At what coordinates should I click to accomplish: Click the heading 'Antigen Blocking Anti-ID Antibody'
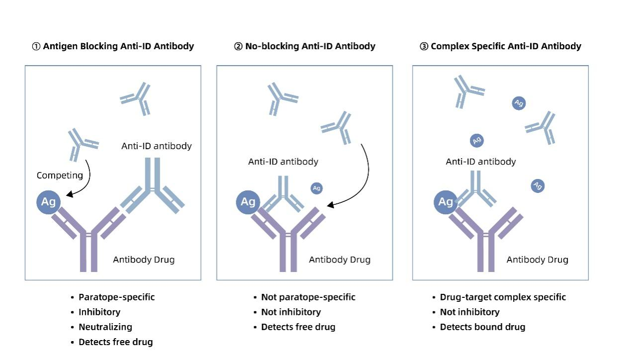pyautogui.click(x=118, y=46)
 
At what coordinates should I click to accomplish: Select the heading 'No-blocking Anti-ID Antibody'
pyautogui.click(x=310, y=46)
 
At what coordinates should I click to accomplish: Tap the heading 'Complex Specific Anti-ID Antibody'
pyautogui.click(x=506, y=46)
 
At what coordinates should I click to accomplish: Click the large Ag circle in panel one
pyautogui.click(x=48, y=202)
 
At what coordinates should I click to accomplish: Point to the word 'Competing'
pyautogui.click(x=60, y=175)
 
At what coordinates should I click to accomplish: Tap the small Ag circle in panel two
pyautogui.click(x=316, y=188)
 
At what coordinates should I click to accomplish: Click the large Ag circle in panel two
pyautogui.click(x=248, y=202)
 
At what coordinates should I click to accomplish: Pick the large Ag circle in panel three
pyautogui.click(x=446, y=202)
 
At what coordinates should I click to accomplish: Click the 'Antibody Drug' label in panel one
pyautogui.click(x=144, y=260)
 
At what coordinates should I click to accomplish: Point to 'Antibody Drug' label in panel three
pyautogui.click(x=537, y=260)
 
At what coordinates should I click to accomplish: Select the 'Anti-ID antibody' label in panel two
pyautogui.click(x=283, y=162)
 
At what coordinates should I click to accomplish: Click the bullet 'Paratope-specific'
pyautogui.click(x=116, y=297)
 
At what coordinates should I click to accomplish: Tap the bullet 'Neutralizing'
pyautogui.click(x=105, y=327)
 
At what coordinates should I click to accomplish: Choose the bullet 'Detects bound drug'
pyautogui.click(x=482, y=327)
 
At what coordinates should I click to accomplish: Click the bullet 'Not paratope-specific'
pyautogui.click(x=308, y=297)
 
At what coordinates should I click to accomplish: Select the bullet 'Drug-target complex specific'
pyautogui.click(x=503, y=297)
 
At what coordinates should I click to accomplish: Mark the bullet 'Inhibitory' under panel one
pyautogui.click(x=99, y=312)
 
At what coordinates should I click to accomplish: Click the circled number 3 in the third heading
pyautogui.click(x=424, y=46)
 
